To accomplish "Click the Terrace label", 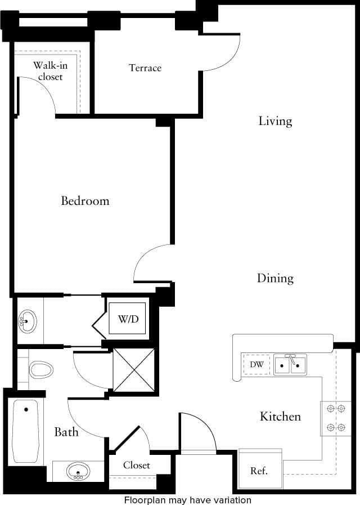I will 145,68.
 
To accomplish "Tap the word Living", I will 275,121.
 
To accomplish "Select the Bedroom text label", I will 85,201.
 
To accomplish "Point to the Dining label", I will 275,278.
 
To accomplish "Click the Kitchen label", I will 280,417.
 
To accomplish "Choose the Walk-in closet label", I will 47,71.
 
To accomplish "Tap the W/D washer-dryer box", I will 128,319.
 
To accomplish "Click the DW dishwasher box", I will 256,365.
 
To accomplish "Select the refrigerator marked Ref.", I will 259,470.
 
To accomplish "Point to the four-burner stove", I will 336,418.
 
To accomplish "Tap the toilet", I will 40,370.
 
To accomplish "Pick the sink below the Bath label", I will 78,471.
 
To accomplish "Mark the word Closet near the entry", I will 137,466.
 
